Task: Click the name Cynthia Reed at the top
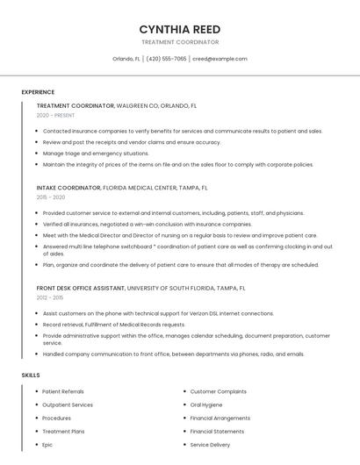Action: click(x=179, y=29)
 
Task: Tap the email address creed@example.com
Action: click(x=220, y=59)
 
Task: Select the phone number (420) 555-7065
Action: click(x=166, y=59)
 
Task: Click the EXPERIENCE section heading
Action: click(x=38, y=92)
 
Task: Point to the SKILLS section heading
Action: click(x=31, y=376)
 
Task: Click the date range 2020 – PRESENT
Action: click(x=55, y=116)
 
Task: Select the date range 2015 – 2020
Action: click(x=51, y=197)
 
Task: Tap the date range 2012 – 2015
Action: click(x=51, y=297)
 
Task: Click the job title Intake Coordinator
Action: click(x=69, y=188)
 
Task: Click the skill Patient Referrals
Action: click(x=63, y=391)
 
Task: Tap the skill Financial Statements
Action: click(x=217, y=432)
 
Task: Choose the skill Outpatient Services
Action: click(x=68, y=404)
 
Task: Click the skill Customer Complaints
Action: click(x=218, y=391)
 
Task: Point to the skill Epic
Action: click(x=47, y=445)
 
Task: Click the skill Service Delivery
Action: click(x=210, y=445)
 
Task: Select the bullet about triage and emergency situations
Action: click(x=96, y=153)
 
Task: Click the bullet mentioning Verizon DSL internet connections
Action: click(x=158, y=313)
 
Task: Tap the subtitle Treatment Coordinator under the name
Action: click(x=179, y=42)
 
